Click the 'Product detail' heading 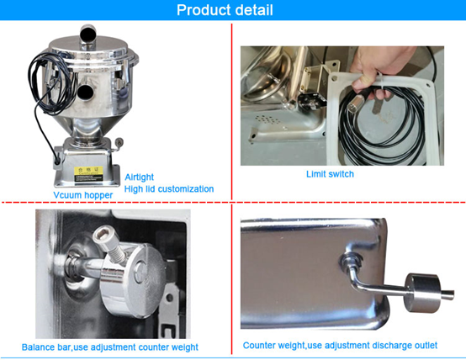[233, 10]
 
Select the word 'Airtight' [140, 177]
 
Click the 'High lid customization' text [168, 188]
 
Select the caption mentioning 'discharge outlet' [346, 345]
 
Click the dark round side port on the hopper [88, 93]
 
